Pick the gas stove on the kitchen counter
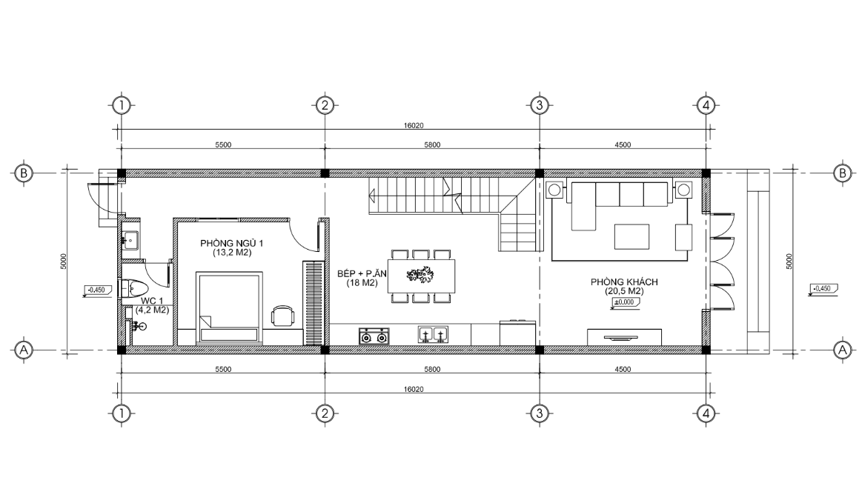tap(374, 336)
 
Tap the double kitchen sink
tap(433, 335)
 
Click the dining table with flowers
tap(421, 276)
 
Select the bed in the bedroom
tap(230, 308)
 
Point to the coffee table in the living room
tap(631, 236)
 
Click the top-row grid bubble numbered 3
tap(540, 105)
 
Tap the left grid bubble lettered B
tap(23, 173)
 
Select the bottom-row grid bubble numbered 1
tap(122, 413)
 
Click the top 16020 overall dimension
tap(414, 125)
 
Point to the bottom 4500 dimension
tap(623, 369)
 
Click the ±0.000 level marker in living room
tap(624, 302)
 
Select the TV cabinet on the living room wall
tap(624, 337)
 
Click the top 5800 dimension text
tap(432, 145)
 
